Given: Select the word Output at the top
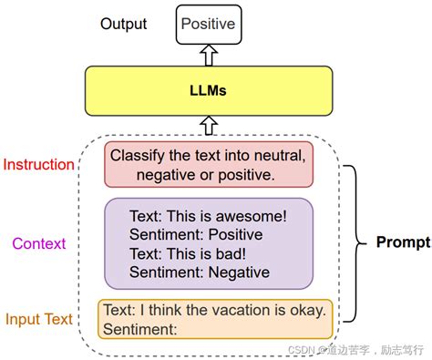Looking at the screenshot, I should pyautogui.click(x=123, y=23).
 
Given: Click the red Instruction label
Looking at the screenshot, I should pyautogui.click(x=39, y=165).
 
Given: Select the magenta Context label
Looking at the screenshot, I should pyautogui.click(x=39, y=243).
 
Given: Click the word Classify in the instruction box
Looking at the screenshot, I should pyautogui.click(x=137, y=155).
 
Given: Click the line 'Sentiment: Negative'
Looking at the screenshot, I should pyautogui.click(x=199, y=272).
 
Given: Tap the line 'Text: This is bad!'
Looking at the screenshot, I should pyautogui.click(x=187, y=253).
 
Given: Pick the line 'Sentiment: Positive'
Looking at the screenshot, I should pyautogui.click(x=195, y=235).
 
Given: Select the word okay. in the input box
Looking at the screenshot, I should pyautogui.click(x=308, y=309).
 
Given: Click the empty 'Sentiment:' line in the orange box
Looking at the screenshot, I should pyautogui.click(x=139, y=327).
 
